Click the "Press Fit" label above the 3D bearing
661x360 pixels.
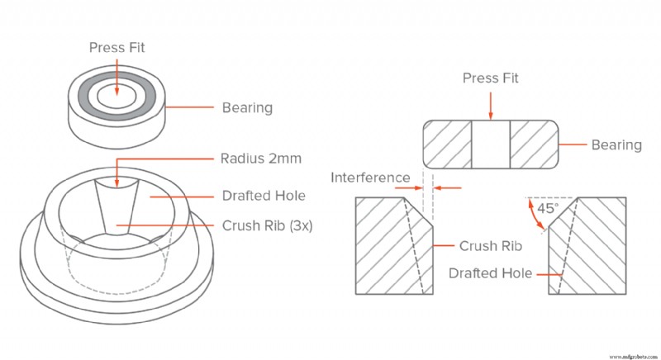click(117, 48)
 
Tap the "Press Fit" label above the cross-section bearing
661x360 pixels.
click(490, 78)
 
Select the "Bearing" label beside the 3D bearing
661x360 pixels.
click(247, 108)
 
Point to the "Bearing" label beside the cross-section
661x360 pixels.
click(616, 144)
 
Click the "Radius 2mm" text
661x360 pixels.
click(261, 159)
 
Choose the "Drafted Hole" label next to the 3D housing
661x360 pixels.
click(264, 196)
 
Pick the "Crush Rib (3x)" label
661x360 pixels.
click(267, 225)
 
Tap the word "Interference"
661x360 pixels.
click(370, 178)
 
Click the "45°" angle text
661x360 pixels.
click(548, 208)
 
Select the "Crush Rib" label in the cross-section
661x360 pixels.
click(491, 246)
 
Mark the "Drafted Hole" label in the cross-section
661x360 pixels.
click(490, 273)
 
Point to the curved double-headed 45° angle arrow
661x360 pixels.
click(534, 216)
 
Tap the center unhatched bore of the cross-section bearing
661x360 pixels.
click(491, 144)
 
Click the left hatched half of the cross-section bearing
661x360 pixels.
click(447, 144)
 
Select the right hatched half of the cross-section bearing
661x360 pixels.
click(535, 144)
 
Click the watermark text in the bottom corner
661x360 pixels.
click(634, 357)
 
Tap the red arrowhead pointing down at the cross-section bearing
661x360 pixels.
click(490, 116)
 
